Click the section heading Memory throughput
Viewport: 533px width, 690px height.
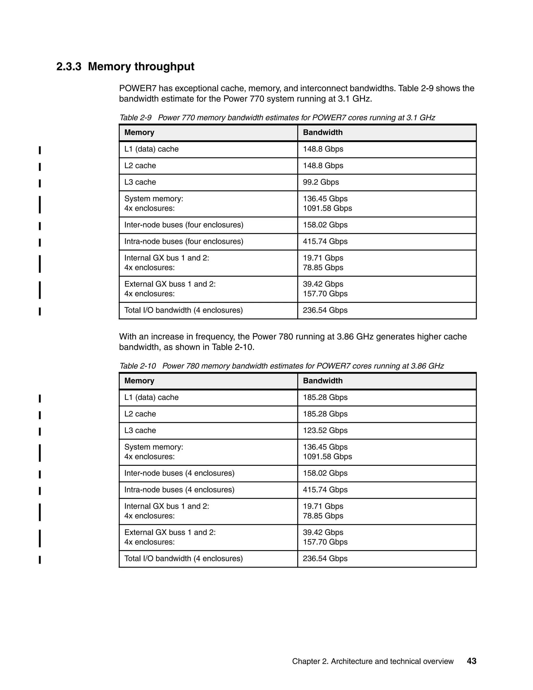pos(141,67)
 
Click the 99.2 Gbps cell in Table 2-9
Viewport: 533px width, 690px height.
pos(321,182)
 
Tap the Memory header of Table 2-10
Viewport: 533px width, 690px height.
pos(139,381)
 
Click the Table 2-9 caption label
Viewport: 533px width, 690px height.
pos(135,118)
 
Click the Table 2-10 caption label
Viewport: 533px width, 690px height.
pos(137,366)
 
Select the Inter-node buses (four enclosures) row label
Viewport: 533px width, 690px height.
pos(183,225)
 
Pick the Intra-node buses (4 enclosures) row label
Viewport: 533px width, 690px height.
pos(179,490)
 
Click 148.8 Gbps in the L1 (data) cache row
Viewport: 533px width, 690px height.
pos(323,149)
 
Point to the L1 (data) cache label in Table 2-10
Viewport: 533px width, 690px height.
pos(151,397)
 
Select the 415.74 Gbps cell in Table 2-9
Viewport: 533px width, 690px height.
pos(325,241)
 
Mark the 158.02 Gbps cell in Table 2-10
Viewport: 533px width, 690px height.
pos(325,473)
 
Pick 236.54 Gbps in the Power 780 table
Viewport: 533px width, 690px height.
pos(325,559)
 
